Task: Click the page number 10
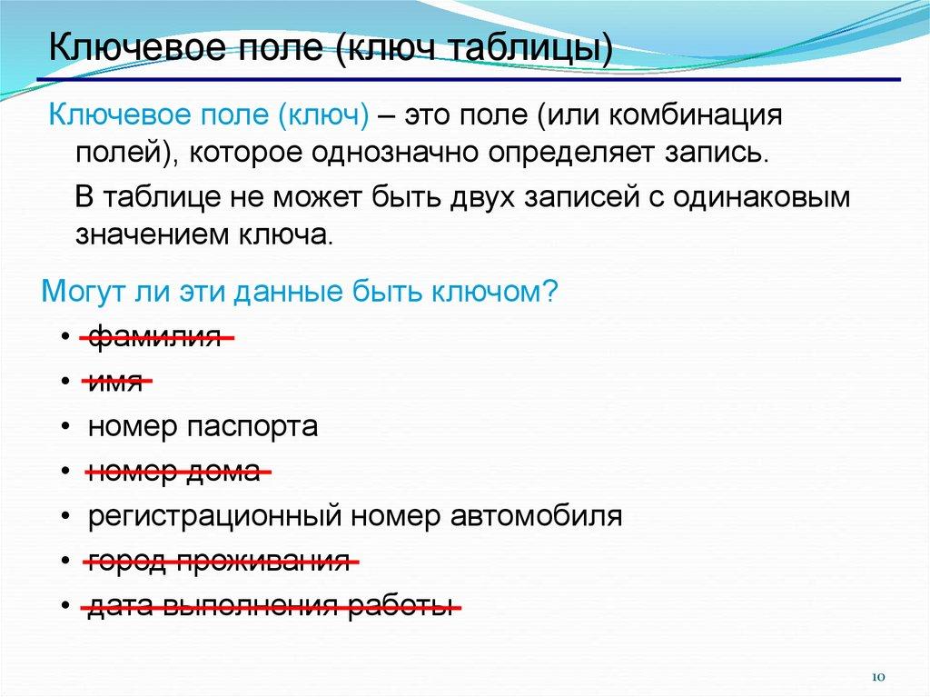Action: [878, 677]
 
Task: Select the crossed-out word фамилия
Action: [154, 337]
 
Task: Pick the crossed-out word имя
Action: [115, 382]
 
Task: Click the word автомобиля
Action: [536, 516]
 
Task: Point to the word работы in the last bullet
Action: [401, 605]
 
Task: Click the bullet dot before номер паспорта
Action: [65, 428]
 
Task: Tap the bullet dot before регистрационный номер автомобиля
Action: [65, 516]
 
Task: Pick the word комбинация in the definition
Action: [696, 115]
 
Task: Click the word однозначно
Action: [395, 154]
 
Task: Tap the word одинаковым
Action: [762, 197]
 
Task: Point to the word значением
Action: [153, 235]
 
